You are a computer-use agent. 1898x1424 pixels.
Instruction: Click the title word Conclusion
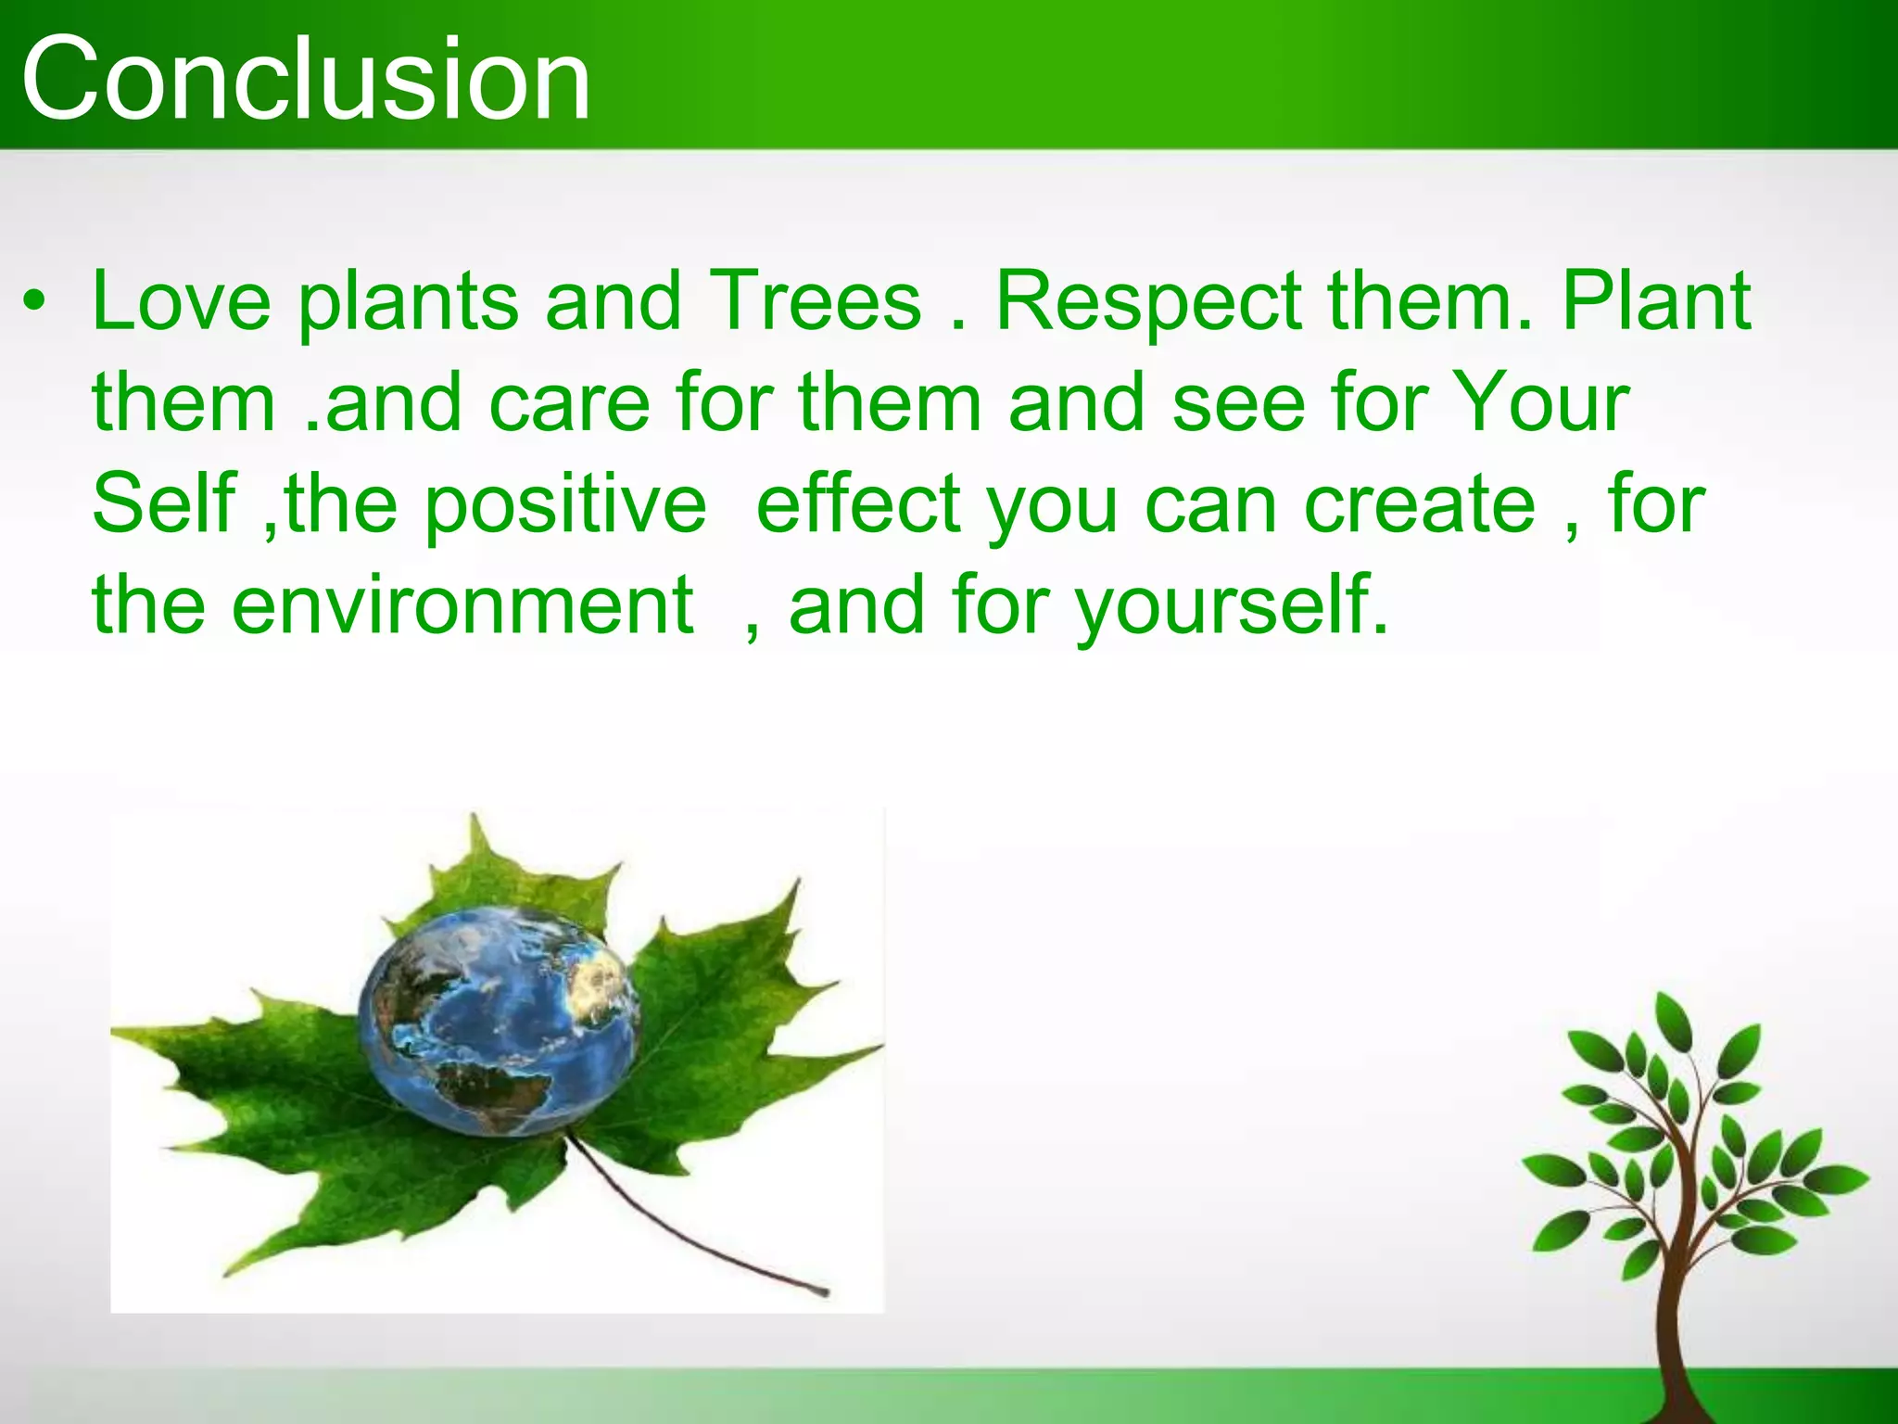click(306, 79)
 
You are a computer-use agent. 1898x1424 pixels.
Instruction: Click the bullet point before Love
click(34, 302)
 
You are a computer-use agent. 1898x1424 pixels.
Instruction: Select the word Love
click(182, 300)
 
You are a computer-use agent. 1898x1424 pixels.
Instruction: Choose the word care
click(569, 402)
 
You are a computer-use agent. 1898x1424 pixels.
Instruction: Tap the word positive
click(565, 506)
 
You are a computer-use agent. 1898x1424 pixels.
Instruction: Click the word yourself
click(1232, 607)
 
